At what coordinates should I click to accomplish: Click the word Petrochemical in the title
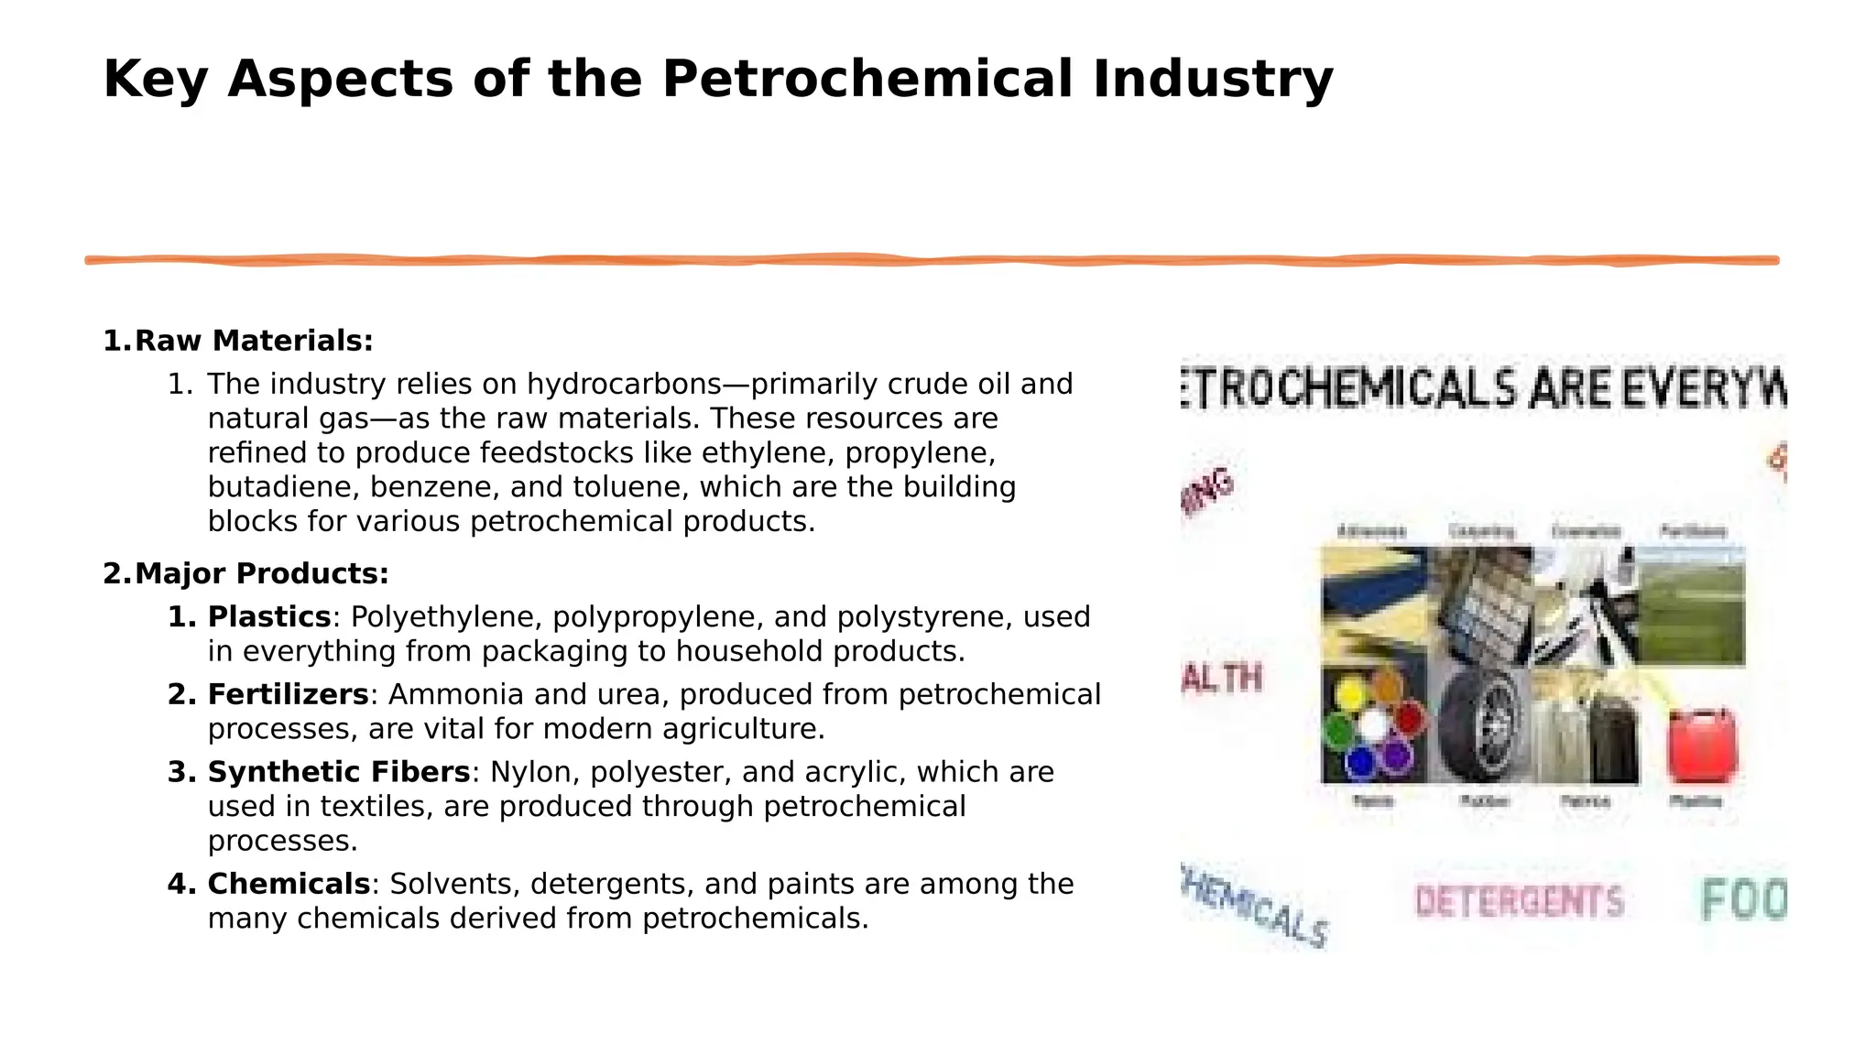pyautogui.click(x=867, y=79)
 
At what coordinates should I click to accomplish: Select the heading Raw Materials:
pyautogui.click(x=254, y=341)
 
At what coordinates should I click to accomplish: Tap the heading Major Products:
pyautogui.click(x=261, y=574)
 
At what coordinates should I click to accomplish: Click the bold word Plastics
pyautogui.click(x=268, y=617)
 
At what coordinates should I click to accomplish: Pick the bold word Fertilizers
pyautogui.click(x=288, y=695)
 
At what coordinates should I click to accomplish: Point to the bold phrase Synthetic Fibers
pyautogui.click(x=338, y=773)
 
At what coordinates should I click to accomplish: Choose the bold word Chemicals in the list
pyautogui.click(x=289, y=885)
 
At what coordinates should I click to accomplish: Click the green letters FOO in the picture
pyautogui.click(x=1743, y=900)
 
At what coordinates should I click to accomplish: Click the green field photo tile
pyautogui.click(x=1689, y=606)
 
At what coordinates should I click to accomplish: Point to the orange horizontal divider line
pyautogui.click(x=931, y=261)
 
